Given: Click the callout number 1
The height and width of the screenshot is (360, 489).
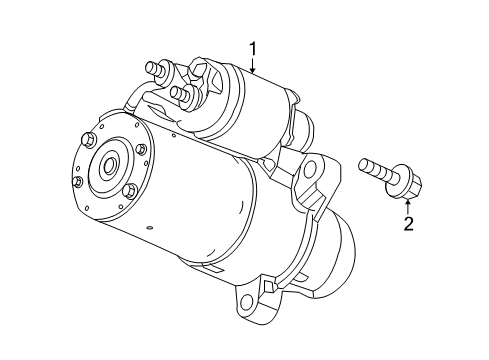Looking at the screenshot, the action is (253, 49).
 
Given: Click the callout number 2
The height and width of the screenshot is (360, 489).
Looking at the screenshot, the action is (408, 223).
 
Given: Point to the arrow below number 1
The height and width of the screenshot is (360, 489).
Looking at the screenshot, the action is (253, 66).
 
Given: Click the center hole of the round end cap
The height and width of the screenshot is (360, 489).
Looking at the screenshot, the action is (109, 164).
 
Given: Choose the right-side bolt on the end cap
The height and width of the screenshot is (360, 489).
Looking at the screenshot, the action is (141, 150).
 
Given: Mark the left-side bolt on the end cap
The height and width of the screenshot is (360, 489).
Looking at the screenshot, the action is (77, 182).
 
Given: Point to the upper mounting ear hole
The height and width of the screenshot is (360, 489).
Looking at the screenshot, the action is (310, 166).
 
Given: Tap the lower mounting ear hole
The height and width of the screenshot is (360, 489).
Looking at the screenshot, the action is (247, 302).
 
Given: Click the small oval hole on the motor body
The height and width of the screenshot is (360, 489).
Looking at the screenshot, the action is (149, 228).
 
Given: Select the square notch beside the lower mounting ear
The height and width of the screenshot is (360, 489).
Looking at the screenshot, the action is (268, 285).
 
